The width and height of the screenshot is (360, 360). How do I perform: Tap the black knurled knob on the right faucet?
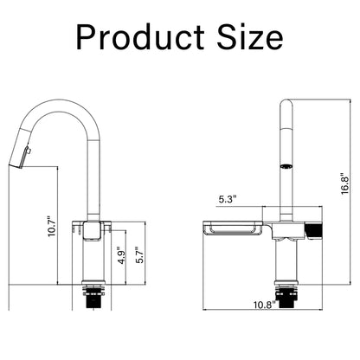coord(316,229)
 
